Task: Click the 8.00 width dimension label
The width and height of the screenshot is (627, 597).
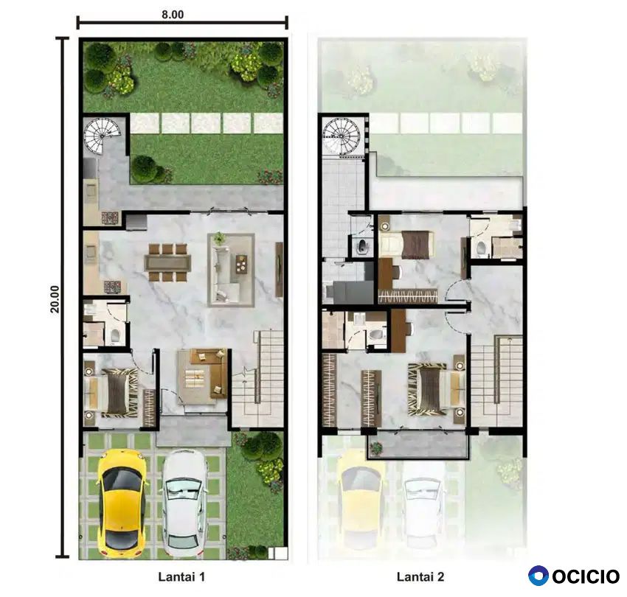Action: [x=173, y=15]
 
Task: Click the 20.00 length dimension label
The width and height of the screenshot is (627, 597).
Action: [x=55, y=299]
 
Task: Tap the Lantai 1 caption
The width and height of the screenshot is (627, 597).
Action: [x=181, y=576]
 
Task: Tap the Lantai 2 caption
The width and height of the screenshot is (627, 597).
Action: [x=420, y=576]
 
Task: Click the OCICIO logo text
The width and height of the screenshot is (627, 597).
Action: [x=586, y=576]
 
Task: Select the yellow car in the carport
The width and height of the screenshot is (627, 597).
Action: [x=120, y=503]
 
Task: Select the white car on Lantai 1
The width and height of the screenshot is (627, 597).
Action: [x=184, y=503]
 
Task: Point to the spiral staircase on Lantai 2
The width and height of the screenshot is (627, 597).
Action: [x=342, y=136]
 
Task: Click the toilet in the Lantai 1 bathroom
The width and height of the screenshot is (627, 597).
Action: [x=115, y=335]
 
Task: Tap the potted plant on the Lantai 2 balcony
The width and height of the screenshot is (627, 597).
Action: [x=376, y=447]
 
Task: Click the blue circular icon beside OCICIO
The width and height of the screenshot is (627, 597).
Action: [x=538, y=576]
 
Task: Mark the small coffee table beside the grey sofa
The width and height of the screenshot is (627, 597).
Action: [x=241, y=264]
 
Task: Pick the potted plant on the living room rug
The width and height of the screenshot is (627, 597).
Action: [x=218, y=238]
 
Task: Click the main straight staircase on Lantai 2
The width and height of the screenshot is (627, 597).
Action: [x=496, y=380]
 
